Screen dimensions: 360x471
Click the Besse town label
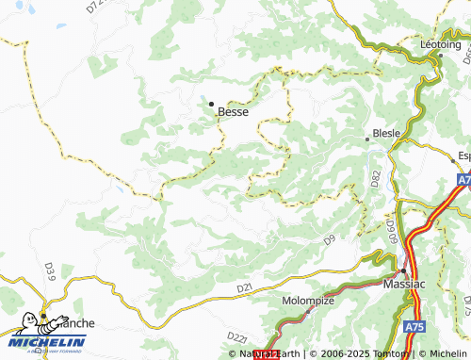[x=233, y=111]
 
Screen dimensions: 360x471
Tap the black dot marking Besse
[x=212, y=103]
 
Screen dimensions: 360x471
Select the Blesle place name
[x=388, y=134]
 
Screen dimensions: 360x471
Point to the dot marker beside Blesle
[x=368, y=139]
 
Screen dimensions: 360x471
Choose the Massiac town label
[x=407, y=282]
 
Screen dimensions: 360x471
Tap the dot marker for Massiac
[x=403, y=270]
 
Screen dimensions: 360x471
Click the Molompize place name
[x=308, y=301]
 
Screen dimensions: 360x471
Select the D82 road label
[x=375, y=176]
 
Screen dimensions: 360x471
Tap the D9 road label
[x=329, y=240]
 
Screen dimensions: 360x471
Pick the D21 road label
[x=245, y=286]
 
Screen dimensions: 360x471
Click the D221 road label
[x=236, y=336]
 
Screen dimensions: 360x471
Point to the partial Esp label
[x=463, y=155]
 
